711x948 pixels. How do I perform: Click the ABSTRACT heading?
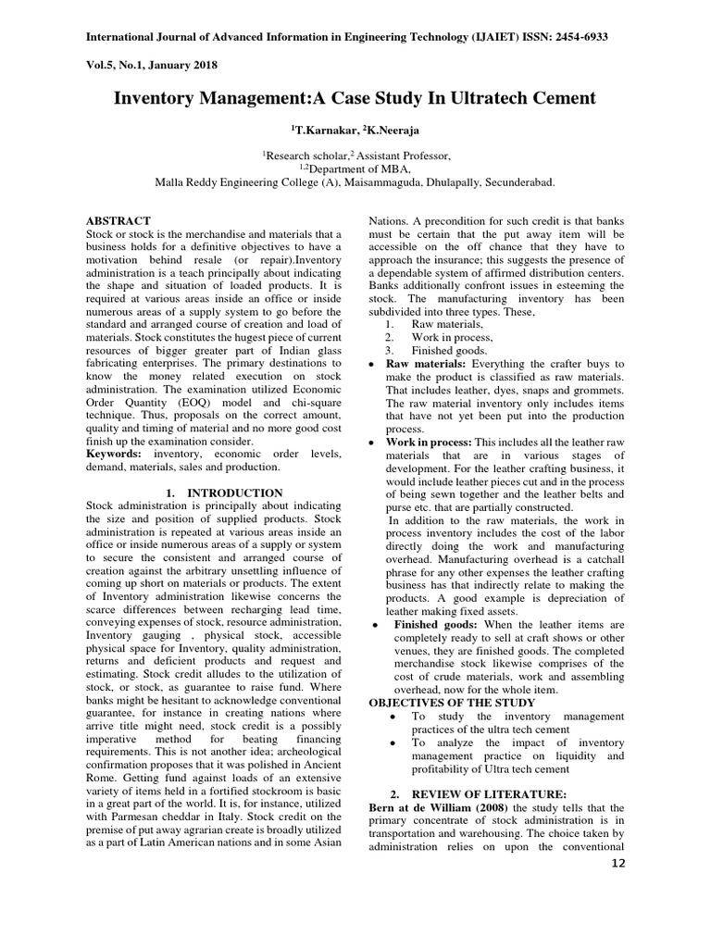118,222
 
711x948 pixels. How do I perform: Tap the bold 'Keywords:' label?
117,455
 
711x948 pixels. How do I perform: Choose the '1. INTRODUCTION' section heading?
225,493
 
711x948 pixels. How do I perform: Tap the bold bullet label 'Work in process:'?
429,443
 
